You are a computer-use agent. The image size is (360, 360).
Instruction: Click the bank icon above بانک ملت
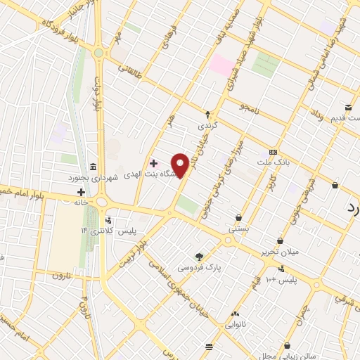tap(274, 153)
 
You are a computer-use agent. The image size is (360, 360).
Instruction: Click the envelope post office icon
tap(348, 106)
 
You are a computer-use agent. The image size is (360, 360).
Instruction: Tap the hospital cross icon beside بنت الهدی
tap(153, 163)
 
